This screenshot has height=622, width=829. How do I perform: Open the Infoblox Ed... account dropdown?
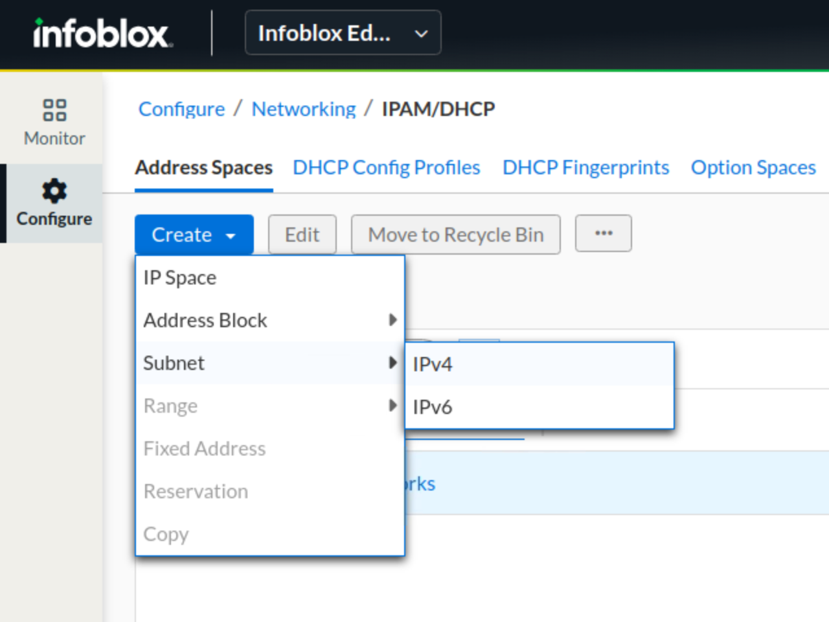point(343,33)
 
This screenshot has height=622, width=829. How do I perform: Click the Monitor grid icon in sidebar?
point(55,110)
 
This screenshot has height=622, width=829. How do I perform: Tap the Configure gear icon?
point(54,190)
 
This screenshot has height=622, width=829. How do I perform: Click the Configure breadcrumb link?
point(181,109)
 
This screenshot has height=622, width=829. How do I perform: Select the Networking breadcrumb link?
point(304,109)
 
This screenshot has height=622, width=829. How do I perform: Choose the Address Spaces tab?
point(204,168)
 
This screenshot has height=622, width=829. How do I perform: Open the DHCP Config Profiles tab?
point(387,168)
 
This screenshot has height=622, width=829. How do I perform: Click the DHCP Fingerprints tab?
point(585,168)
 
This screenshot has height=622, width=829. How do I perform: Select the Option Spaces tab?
point(753,168)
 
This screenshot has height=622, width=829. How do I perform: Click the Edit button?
point(302,235)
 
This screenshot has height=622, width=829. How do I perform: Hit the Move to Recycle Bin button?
point(456,235)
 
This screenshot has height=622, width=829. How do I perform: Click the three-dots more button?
point(604,233)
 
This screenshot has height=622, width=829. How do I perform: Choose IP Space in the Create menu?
point(180,278)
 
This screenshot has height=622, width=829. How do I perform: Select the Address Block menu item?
point(205,321)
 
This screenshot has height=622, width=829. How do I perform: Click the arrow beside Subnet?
point(392,363)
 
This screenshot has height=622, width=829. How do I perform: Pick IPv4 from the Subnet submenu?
point(433,364)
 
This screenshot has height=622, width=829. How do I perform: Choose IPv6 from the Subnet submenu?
point(433,407)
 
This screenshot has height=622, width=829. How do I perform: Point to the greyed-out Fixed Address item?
point(205,448)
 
